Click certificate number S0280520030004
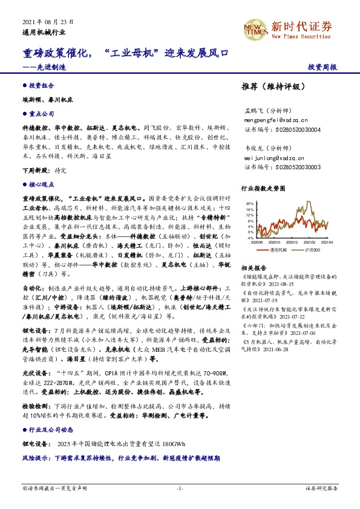click(283, 129)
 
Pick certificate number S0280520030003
click(283, 167)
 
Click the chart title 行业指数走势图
click(262, 189)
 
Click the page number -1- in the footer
click(180, 487)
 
